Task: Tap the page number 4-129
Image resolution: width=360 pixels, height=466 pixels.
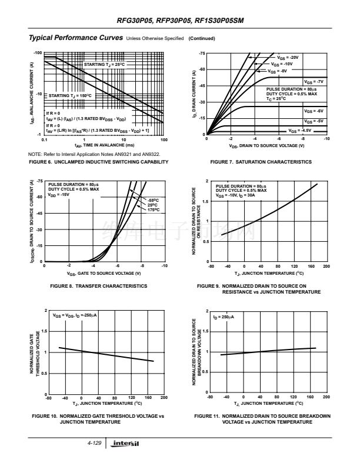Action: (x=94, y=443)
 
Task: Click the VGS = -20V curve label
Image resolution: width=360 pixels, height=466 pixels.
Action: (x=288, y=57)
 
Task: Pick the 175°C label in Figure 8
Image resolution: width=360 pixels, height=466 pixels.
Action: (x=154, y=209)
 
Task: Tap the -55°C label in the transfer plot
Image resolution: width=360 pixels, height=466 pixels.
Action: (x=153, y=200)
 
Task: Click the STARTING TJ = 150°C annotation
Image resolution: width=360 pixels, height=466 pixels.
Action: (x=69, y=95)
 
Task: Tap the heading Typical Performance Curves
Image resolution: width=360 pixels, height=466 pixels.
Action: (x=75, y=38)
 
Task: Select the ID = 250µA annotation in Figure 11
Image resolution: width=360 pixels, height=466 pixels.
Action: (x=223, y=317)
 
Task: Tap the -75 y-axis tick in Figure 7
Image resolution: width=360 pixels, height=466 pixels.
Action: (x=202, y=54)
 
